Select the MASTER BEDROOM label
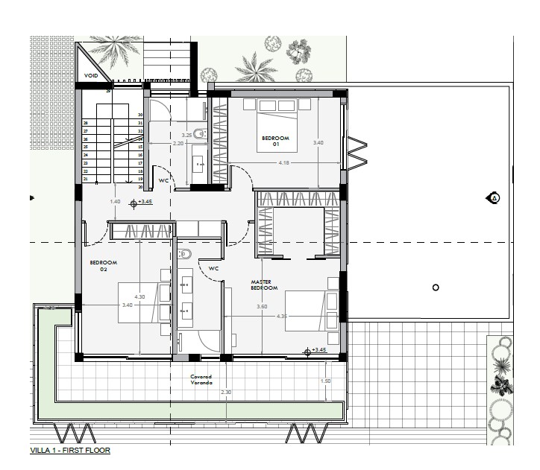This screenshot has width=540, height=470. (x=264, y=285)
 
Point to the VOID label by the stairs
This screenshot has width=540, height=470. (x=91, y=76)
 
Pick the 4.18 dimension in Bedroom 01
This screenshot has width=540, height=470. (x=284, y=162)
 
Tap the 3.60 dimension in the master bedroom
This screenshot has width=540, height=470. (x=262, y=307)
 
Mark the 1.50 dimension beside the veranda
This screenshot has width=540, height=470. (x=325, y=381)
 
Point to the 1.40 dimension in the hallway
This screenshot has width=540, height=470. (x=115, y=202)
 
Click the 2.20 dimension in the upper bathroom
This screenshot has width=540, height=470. (x=178, y=143)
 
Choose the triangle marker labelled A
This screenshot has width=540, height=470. (x=493, y=198)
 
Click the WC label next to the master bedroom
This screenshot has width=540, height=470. (x=213, y=268)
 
